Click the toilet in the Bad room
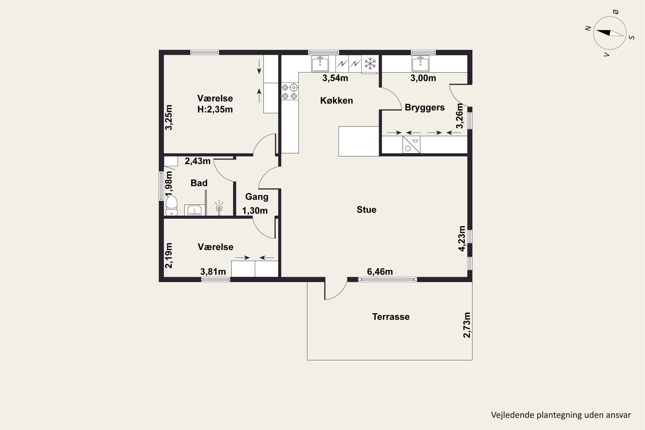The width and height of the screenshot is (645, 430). click(172, 205)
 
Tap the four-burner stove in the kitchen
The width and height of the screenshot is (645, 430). click(290, 92)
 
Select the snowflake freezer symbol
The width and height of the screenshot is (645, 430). click(370, 64)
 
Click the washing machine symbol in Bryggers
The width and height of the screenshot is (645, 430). click(411, 144)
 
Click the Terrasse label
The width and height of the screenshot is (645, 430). click(391, 317)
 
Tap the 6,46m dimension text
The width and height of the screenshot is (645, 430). click(380, 272)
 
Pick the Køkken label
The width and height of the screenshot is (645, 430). click(336, 101)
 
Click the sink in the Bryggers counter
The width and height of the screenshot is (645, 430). click(420, 64)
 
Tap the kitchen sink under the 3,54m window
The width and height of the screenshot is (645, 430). click(320, 64)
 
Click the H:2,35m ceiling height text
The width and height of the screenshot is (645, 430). click(215, 109)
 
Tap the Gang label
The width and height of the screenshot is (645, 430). click(257, 197)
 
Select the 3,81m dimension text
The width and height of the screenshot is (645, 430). click(213, 272)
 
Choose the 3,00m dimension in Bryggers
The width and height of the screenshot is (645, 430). click(423, 78)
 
